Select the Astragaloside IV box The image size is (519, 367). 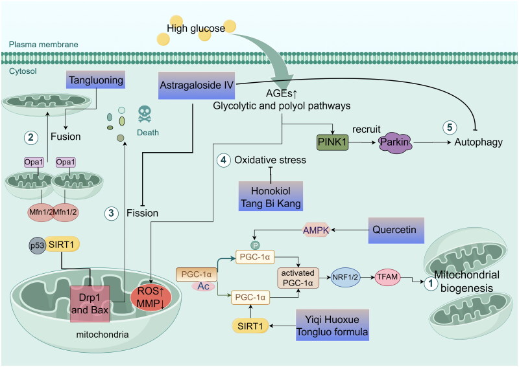pyautogui.click(x=197, y=85)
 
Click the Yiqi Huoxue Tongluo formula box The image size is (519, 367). pyautogui.click(x=332, y=325)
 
